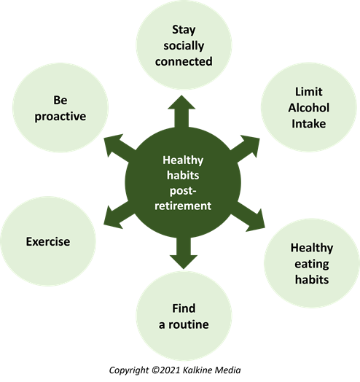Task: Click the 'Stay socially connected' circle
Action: tap(184, 44)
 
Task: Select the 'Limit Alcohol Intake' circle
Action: tap(308, 107)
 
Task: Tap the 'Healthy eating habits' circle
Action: tap(312, 263)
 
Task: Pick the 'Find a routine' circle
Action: tap(184, 316)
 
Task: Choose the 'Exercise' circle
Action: tap(48, 241)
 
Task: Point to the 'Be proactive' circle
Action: tap(60, 108)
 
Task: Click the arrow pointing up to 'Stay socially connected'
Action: tap(181, 112)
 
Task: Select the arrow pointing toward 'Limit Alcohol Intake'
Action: tap(245, 148)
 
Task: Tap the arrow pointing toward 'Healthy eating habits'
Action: tap(248, 216)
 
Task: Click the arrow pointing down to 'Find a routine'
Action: tap(184, 253)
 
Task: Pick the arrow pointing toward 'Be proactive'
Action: tap(120, 147)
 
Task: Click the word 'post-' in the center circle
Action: tap(183, 191)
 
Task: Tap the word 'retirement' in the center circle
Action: tap(183, 206)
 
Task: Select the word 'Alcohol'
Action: tap(308, 107)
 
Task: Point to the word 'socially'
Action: tap(184, 46)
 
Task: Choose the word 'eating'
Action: tap(312, 264)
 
